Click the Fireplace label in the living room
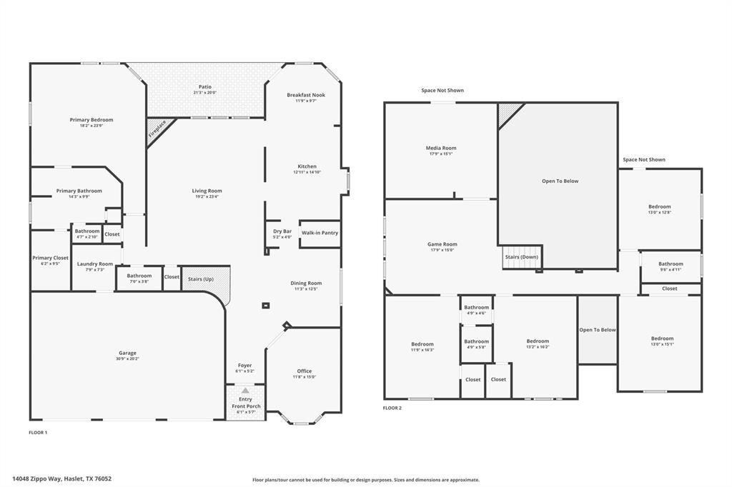pyautogui.click(x=157, y=129)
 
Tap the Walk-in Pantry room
pyautogui.click(x=320, y=233)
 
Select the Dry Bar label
pyautogui.click(x=282, y=231)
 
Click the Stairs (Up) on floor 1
pyautogui.click(x=201, y=278)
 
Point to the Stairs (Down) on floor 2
pyautogui.click(x=521, y=256)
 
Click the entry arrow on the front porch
pyautogui.click(x=245, y=391)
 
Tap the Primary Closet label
pyautogui.click(x=50, y=258)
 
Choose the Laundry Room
pyautogui.click(x=95, y=263)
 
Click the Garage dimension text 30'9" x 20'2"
pyautogui.click(x=127, y=358)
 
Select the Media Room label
pyautogui.click(x=440, y=148)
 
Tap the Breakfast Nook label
pyautogui.click(x=306, y=95)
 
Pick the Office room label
pyautogui.click(x=304, y=371)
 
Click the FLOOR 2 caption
pyautogui.click(x=392, y=408)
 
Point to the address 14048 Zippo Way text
pyautogui.click(x=61, y=479)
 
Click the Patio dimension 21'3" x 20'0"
pyautogui.click(x=204, y=93)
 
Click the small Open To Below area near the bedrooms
pyautogui.click(x=597, y=330)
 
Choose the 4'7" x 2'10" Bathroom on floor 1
pyautogui.click(x=87, y=231)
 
